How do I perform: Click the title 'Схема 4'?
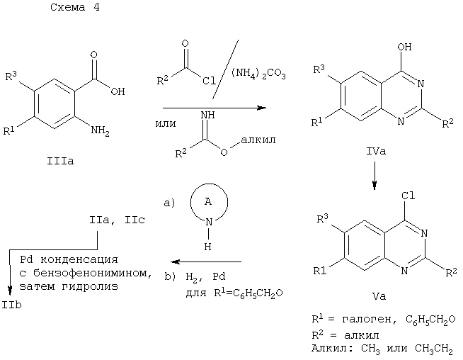coord(75,7)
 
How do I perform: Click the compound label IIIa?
coord(60,161)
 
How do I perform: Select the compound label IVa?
coord(376,152)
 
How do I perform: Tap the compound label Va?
coord(379,296)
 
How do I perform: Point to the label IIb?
coord(12,305)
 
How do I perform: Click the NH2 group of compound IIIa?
coord(100,130)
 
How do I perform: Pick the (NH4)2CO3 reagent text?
coord(258,73)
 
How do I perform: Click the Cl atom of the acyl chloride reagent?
coord(209,80)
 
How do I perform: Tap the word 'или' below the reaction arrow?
coord(166,123)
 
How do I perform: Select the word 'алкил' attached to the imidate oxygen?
coord(258,140)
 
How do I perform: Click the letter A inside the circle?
coord(208,201)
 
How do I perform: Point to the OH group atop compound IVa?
coord(404,47)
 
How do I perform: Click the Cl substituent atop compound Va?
coord(408,196)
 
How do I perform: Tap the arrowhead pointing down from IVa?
coord(375,186)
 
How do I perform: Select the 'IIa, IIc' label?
coord(117,220)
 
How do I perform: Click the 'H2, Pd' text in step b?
coord(205,277)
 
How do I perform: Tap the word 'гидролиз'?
coord(90,286)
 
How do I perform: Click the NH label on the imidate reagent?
coord(208,115)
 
